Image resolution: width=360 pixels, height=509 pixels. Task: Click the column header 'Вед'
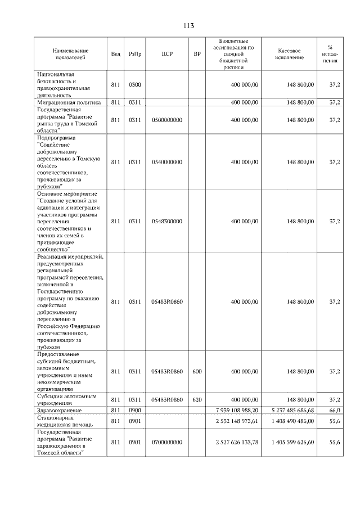115,55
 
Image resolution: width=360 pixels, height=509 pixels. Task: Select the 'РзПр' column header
135,55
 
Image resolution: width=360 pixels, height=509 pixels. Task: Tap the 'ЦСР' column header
166,55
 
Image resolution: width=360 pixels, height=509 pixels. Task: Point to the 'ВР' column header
197,55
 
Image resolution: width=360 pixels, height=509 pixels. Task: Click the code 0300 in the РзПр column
135,84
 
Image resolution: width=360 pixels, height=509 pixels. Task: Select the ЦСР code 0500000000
166,120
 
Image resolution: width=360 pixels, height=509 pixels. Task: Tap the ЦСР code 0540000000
166,162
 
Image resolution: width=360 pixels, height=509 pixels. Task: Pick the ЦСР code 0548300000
166,222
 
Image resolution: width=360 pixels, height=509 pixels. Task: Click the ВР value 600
197,371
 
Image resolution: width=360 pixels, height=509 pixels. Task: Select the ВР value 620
197,399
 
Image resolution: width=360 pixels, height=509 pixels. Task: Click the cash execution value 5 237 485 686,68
292,410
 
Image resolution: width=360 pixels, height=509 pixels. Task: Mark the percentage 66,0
334,410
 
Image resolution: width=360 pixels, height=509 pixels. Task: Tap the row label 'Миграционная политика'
69,102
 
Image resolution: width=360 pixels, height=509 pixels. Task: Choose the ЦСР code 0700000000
166,443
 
